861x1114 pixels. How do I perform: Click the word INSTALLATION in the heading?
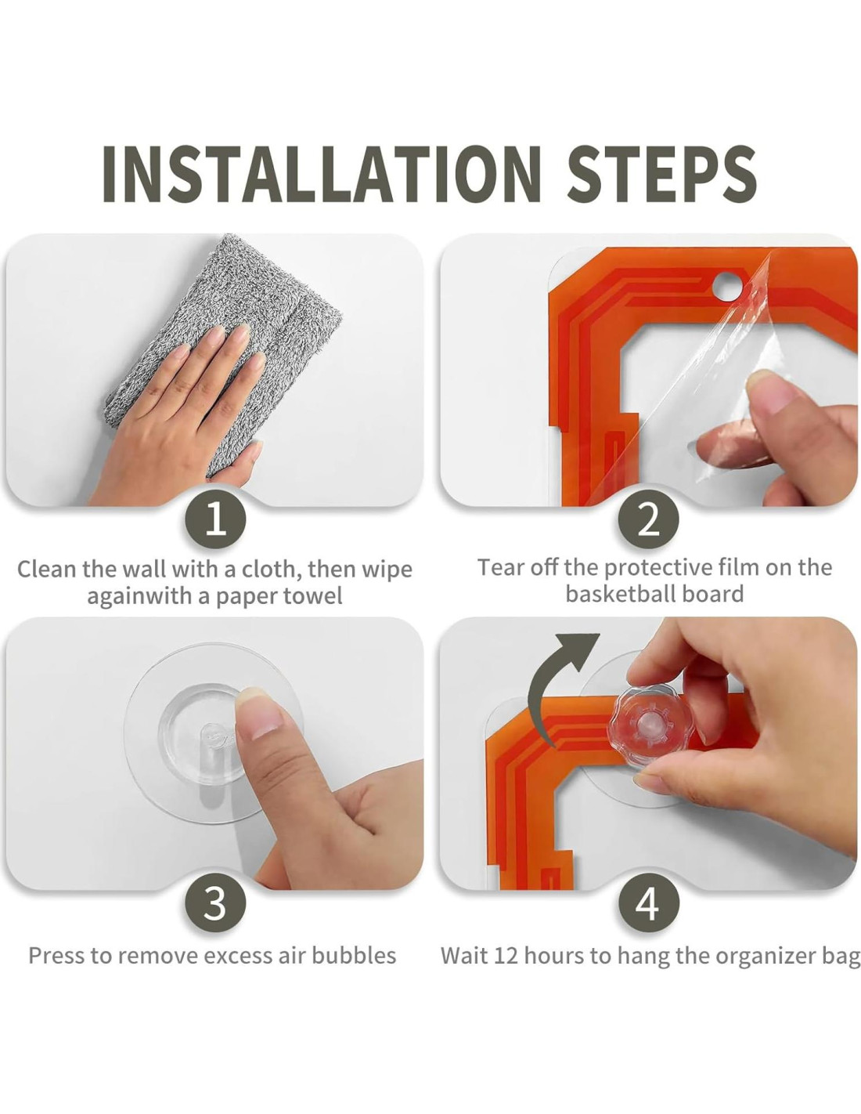coord(321,174)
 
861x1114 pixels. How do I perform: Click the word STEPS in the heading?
coord(661,174)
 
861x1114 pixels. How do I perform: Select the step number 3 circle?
coord(215,903)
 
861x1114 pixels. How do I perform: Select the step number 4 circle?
coord(648,903)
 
